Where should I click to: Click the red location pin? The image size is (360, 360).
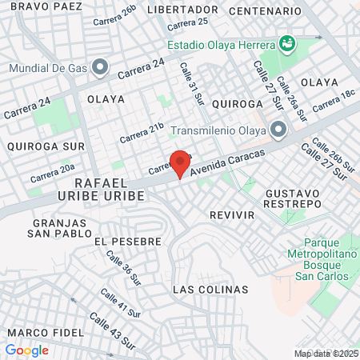(180, 162)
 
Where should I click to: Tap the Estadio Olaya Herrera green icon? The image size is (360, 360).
(286, 42)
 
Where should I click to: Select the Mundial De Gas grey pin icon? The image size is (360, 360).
(100, 68)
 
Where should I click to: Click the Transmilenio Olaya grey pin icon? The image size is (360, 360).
(278, 129)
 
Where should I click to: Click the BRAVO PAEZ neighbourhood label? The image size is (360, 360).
(45, 6)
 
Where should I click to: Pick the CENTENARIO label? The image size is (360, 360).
(265, 12)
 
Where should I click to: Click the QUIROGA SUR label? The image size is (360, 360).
(34, 146)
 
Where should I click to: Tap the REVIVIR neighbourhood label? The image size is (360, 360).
(231, 216)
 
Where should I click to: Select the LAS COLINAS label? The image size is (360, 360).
(210, 289)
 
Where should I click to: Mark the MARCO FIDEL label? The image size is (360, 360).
(45, 331)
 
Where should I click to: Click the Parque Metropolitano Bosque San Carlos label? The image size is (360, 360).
(320, 261)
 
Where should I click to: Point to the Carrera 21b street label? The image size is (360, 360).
(142, 132)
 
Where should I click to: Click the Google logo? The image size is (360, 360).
(26, 350)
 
